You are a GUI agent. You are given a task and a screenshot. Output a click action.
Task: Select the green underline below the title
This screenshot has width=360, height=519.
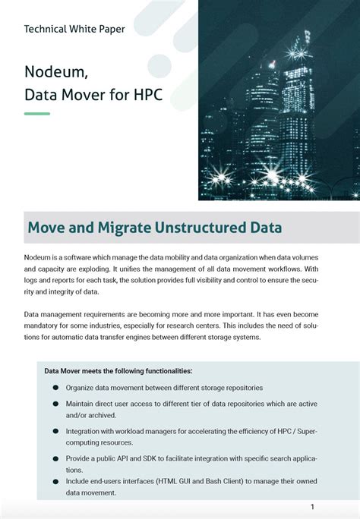pos(37,114)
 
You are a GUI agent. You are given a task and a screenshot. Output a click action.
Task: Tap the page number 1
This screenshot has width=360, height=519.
pos(312,507)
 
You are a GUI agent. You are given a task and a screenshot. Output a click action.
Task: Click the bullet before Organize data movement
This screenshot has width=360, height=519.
pos(56,388)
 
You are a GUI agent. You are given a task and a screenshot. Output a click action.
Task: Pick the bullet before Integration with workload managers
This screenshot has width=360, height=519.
pos(56,431)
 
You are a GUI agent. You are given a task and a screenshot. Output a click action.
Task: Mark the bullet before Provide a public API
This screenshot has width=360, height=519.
pos(56,458)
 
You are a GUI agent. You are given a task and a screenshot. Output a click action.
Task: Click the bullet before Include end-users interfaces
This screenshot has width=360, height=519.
pos(56,481)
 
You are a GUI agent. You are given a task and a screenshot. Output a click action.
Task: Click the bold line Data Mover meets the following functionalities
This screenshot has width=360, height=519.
pos(118,371)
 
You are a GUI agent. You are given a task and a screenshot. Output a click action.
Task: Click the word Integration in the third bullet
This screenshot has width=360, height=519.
pos(87,431)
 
